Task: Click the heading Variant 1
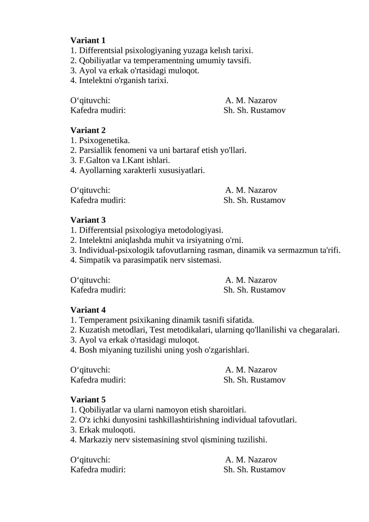88,41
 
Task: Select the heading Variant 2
88,131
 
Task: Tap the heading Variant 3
88,220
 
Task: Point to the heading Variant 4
88,310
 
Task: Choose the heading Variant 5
88,400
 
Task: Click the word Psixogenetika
104,140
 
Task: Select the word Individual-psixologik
115,250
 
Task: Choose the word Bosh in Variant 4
88,350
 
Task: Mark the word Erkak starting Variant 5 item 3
89,430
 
